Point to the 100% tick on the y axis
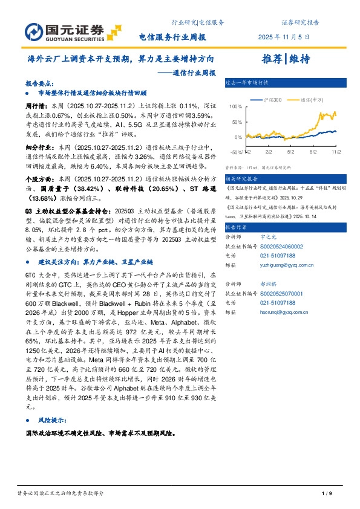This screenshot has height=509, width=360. tap(237, 106)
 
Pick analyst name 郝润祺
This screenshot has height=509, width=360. tap(270, 284)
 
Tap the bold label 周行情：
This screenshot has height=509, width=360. tap(38, 105)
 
